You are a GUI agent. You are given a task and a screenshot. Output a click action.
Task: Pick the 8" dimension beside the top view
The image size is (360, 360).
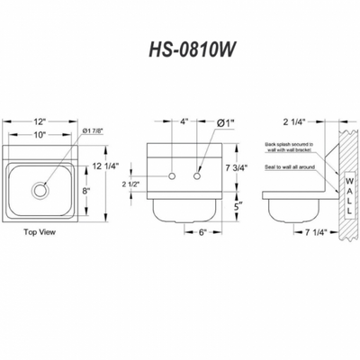(x=85, y=190)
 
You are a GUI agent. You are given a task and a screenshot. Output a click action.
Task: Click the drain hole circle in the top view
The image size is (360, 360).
(x=40, y=190)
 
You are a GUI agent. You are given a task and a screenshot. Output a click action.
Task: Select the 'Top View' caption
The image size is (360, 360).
(x=38, y=231)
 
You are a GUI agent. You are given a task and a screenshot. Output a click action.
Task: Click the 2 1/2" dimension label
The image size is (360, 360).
(x=131, y=184)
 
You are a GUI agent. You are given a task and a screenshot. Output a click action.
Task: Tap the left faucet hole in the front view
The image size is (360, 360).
(x=168, y=173)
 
